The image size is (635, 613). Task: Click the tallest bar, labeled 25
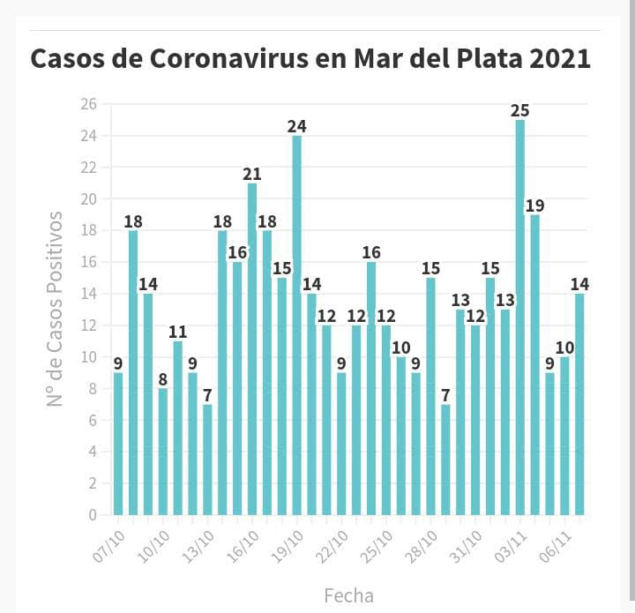520,318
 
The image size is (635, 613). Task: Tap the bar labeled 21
252,348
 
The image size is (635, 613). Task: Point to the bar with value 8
163,451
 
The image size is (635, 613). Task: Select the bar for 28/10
431,396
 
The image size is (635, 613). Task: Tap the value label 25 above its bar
520,111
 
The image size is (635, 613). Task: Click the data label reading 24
297,127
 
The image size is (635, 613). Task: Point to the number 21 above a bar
252,175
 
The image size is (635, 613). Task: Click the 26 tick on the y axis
88,104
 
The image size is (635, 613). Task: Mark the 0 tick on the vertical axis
92,514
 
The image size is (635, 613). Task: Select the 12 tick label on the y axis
88,325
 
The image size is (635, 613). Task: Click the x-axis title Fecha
348,595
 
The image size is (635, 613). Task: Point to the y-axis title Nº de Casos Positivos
56,309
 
